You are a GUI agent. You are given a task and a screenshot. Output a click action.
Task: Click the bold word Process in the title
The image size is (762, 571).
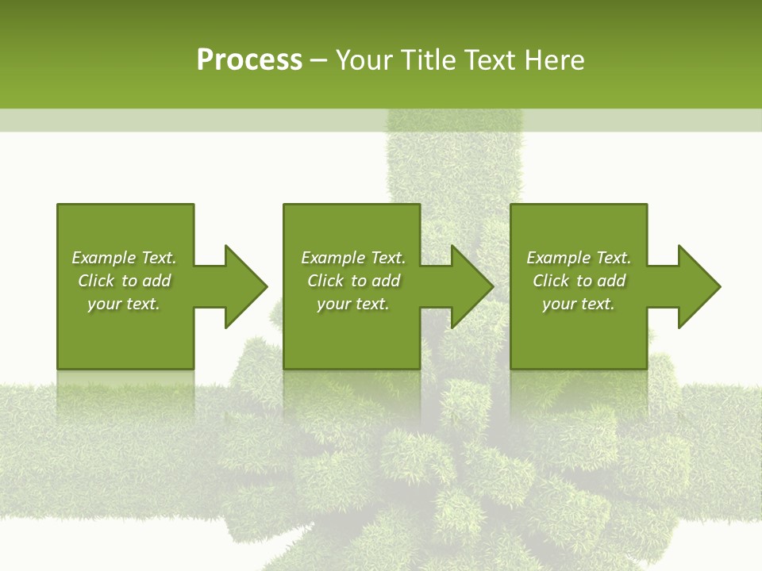pos(249,60)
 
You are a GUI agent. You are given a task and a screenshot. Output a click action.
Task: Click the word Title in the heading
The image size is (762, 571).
pos(428,60)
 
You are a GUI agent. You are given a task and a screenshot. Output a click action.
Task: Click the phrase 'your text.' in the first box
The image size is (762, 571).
pos(124,304)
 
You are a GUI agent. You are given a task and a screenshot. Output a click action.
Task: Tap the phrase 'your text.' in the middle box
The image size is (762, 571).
pos(352,304)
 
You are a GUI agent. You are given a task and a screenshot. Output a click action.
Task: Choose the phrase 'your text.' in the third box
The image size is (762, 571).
pos(578,304)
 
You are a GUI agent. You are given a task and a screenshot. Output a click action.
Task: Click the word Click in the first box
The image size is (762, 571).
pos(97,281)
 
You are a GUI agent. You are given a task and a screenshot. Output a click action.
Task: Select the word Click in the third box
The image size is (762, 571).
pos(552,281)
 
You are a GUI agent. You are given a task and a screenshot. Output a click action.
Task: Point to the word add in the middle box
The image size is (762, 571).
pos(386,281)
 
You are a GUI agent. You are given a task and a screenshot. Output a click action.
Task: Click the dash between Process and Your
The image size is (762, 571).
pos(318,60)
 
